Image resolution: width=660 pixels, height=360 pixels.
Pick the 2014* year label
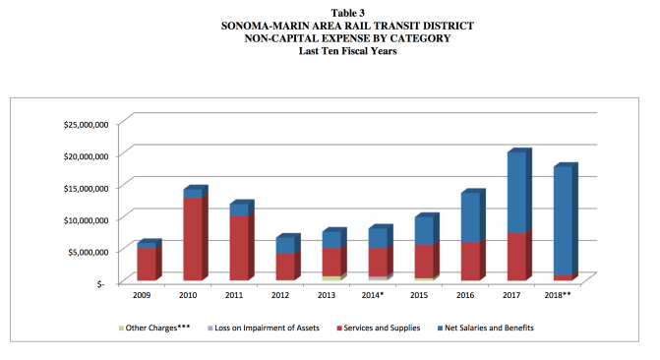coord(375,294)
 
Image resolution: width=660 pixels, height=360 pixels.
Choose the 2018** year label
coord(559,294)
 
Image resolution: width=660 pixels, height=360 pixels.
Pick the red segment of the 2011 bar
coord(238,248)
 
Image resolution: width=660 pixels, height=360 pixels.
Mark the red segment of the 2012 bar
coord(283,267)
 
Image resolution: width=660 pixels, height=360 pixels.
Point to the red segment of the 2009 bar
coord(147,264)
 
